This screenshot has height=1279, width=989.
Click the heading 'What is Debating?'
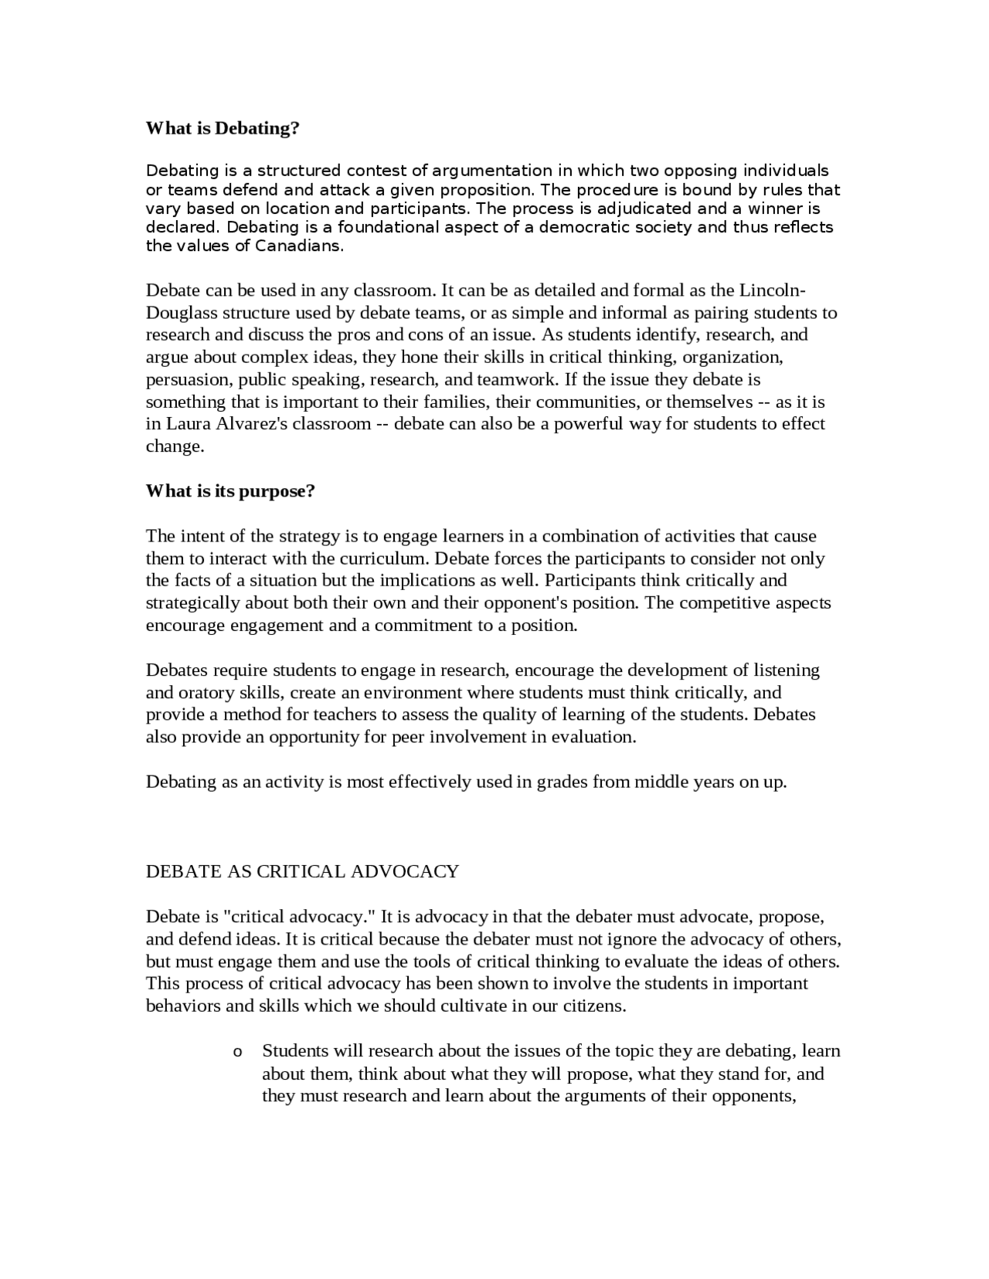[223, 128]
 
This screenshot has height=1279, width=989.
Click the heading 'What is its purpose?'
[230, 491]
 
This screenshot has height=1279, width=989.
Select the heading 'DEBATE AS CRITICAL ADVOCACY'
[302, 871]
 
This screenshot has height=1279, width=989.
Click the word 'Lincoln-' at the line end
[773, 290]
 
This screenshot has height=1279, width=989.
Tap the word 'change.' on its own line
[175, 446]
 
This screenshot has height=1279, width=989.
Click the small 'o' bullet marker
[237, 1052]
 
